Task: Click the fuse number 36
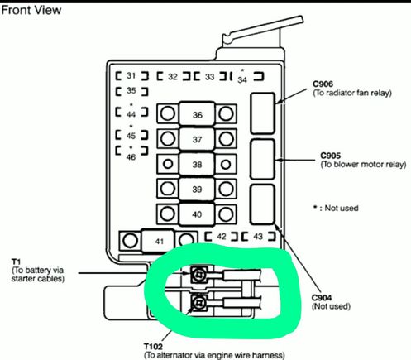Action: pos(198,114)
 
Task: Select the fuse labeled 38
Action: pos(197,165)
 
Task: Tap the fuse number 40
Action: pos(197,214)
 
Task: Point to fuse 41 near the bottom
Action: pos(160,242)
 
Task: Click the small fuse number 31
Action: pos(131,75)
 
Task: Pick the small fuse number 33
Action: pos(210,77)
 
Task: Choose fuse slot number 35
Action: pos(131,90)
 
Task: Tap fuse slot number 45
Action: pos(131,136)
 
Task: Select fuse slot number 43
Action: pos(258,237)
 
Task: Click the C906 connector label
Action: pos(323,84)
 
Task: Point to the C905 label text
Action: pos(331,156)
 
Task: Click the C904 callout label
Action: pos(322,298)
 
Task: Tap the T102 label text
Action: pos(153,347)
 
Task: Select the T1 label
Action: pos(16,262)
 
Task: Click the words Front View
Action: pos(31,11)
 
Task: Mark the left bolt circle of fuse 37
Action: pos(168,139)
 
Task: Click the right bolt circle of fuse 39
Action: pos(226,189)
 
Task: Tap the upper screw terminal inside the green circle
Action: pos(198,275)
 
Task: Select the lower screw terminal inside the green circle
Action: pos(198,303)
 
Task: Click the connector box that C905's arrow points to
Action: pos(263,160)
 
